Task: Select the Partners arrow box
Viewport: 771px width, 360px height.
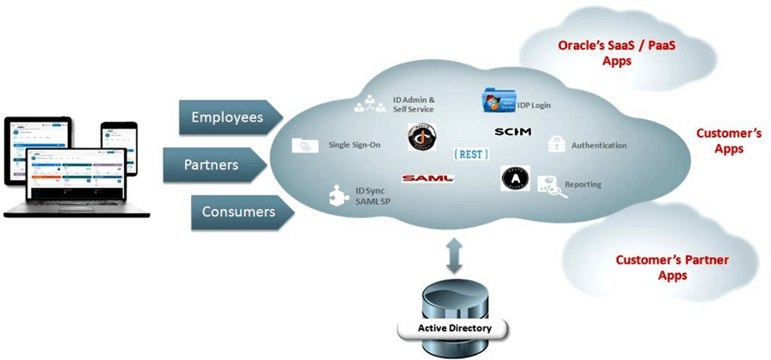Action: [x=224, y=164]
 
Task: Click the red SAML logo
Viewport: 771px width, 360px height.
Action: [x=426, y=177]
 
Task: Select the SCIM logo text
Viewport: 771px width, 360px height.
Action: [x=512, y=132]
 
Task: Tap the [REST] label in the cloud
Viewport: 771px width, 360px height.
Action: [x=470, y=154]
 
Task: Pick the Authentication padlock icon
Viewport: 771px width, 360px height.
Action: [x=554, y=144]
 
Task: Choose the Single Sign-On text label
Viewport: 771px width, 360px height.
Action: [x=354, y=146]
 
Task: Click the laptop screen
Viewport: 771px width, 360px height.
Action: [x=78, y=177]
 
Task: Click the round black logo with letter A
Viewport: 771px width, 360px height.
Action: [x=515, y=178]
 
